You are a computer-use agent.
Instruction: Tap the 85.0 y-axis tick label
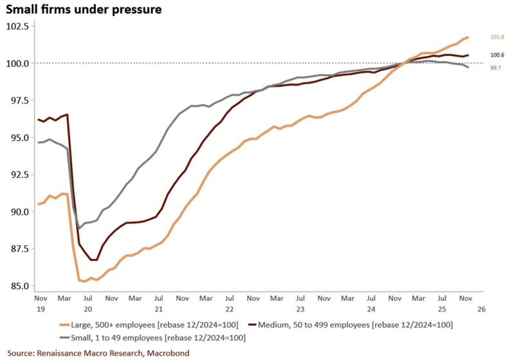point(17,285)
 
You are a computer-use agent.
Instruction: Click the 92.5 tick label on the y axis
point(17,175)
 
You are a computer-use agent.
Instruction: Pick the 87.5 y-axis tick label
point(17,249)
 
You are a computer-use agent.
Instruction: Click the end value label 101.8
point(497,37)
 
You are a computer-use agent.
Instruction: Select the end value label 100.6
point(497,55)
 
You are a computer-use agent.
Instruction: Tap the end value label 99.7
point(495,68)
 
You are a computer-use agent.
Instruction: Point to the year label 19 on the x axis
point(39,308)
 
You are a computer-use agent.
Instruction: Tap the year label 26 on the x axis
point(480,308)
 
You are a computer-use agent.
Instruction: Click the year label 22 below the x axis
point(228,308)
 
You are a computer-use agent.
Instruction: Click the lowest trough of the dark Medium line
point(94,260)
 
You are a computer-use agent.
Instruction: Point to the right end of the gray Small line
point(468,67)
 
